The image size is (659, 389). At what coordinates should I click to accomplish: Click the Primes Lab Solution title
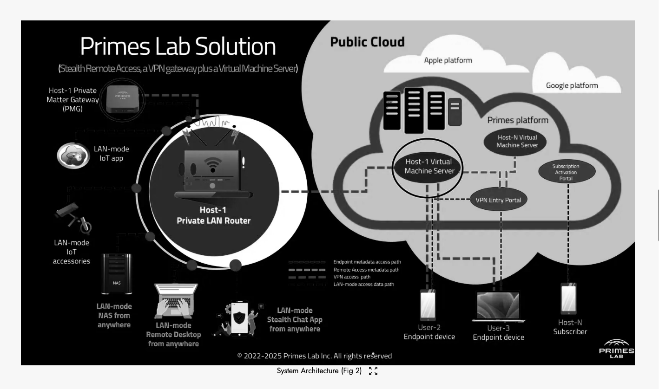[178, 46]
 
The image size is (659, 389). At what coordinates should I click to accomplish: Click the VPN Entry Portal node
[498, 201]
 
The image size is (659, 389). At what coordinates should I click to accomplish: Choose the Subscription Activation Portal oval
[566, 172]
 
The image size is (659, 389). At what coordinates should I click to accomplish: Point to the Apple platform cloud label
[448, 60]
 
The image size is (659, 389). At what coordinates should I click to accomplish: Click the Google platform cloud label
[572, 85]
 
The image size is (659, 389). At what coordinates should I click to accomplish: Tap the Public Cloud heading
[367, 42]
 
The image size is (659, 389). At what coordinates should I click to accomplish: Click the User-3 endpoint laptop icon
[498, 307]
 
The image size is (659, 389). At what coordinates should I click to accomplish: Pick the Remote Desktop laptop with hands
[176, 300]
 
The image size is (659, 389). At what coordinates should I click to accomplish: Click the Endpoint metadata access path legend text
[367, 262]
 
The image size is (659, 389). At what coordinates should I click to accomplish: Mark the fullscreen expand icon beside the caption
[373, 371]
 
